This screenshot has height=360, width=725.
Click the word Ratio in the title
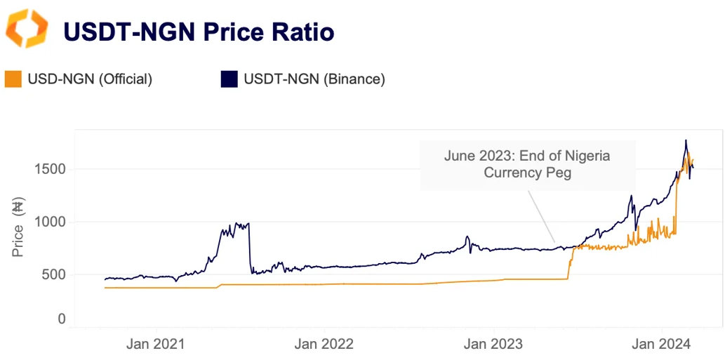[295, 32]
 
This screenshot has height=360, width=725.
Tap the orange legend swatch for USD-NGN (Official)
[13, 79]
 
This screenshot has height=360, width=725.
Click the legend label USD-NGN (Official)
[89, 79]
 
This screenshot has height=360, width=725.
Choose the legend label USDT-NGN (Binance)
[314, 79]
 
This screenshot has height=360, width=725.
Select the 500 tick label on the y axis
[55, 274]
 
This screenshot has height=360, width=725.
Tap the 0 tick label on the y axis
[62, 319]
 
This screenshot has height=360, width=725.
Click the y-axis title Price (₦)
[19, 228]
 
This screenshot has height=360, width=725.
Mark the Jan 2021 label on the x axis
[154, 344]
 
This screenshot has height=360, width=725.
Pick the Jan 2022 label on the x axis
[324, 344]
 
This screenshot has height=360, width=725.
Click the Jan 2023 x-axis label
[493, 344]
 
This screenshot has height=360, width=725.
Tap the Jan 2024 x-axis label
[663, 344]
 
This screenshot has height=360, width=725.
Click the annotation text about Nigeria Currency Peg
[526, 164]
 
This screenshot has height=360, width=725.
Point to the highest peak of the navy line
[686, 140]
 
